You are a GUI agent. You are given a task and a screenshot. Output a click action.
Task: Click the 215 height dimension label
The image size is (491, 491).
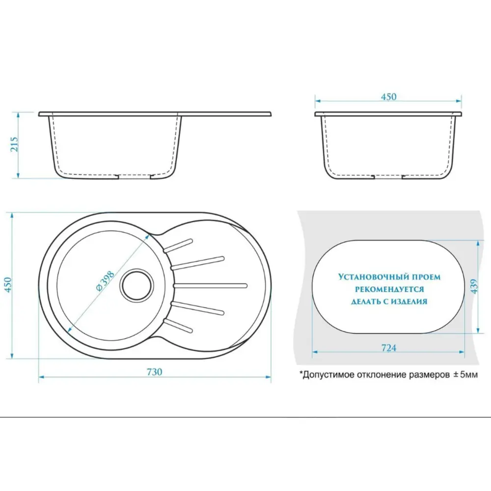15,144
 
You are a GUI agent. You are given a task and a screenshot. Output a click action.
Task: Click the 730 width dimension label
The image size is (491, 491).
154,372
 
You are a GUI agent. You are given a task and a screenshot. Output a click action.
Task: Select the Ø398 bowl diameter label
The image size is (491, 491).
105,282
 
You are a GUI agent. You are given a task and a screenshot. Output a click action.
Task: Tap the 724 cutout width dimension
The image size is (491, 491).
388,348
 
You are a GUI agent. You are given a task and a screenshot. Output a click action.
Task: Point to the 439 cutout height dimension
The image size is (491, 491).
474,286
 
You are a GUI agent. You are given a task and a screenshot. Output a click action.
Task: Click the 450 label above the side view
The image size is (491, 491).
388,97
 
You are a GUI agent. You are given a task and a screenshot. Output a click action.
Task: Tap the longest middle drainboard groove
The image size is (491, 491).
211,286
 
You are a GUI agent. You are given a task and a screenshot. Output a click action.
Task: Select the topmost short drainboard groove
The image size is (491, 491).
178,245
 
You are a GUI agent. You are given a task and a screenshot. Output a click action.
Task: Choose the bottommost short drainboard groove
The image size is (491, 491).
178,326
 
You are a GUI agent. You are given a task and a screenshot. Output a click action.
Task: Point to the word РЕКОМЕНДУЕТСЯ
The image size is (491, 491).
389,289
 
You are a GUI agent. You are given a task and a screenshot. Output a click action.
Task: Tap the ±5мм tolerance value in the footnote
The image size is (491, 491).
465,375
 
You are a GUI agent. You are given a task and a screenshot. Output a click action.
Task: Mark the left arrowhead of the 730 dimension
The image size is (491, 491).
41,377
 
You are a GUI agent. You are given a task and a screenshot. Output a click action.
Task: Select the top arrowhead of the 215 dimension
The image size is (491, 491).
19,115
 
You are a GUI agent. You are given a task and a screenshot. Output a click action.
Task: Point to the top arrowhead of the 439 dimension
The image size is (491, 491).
478,244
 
